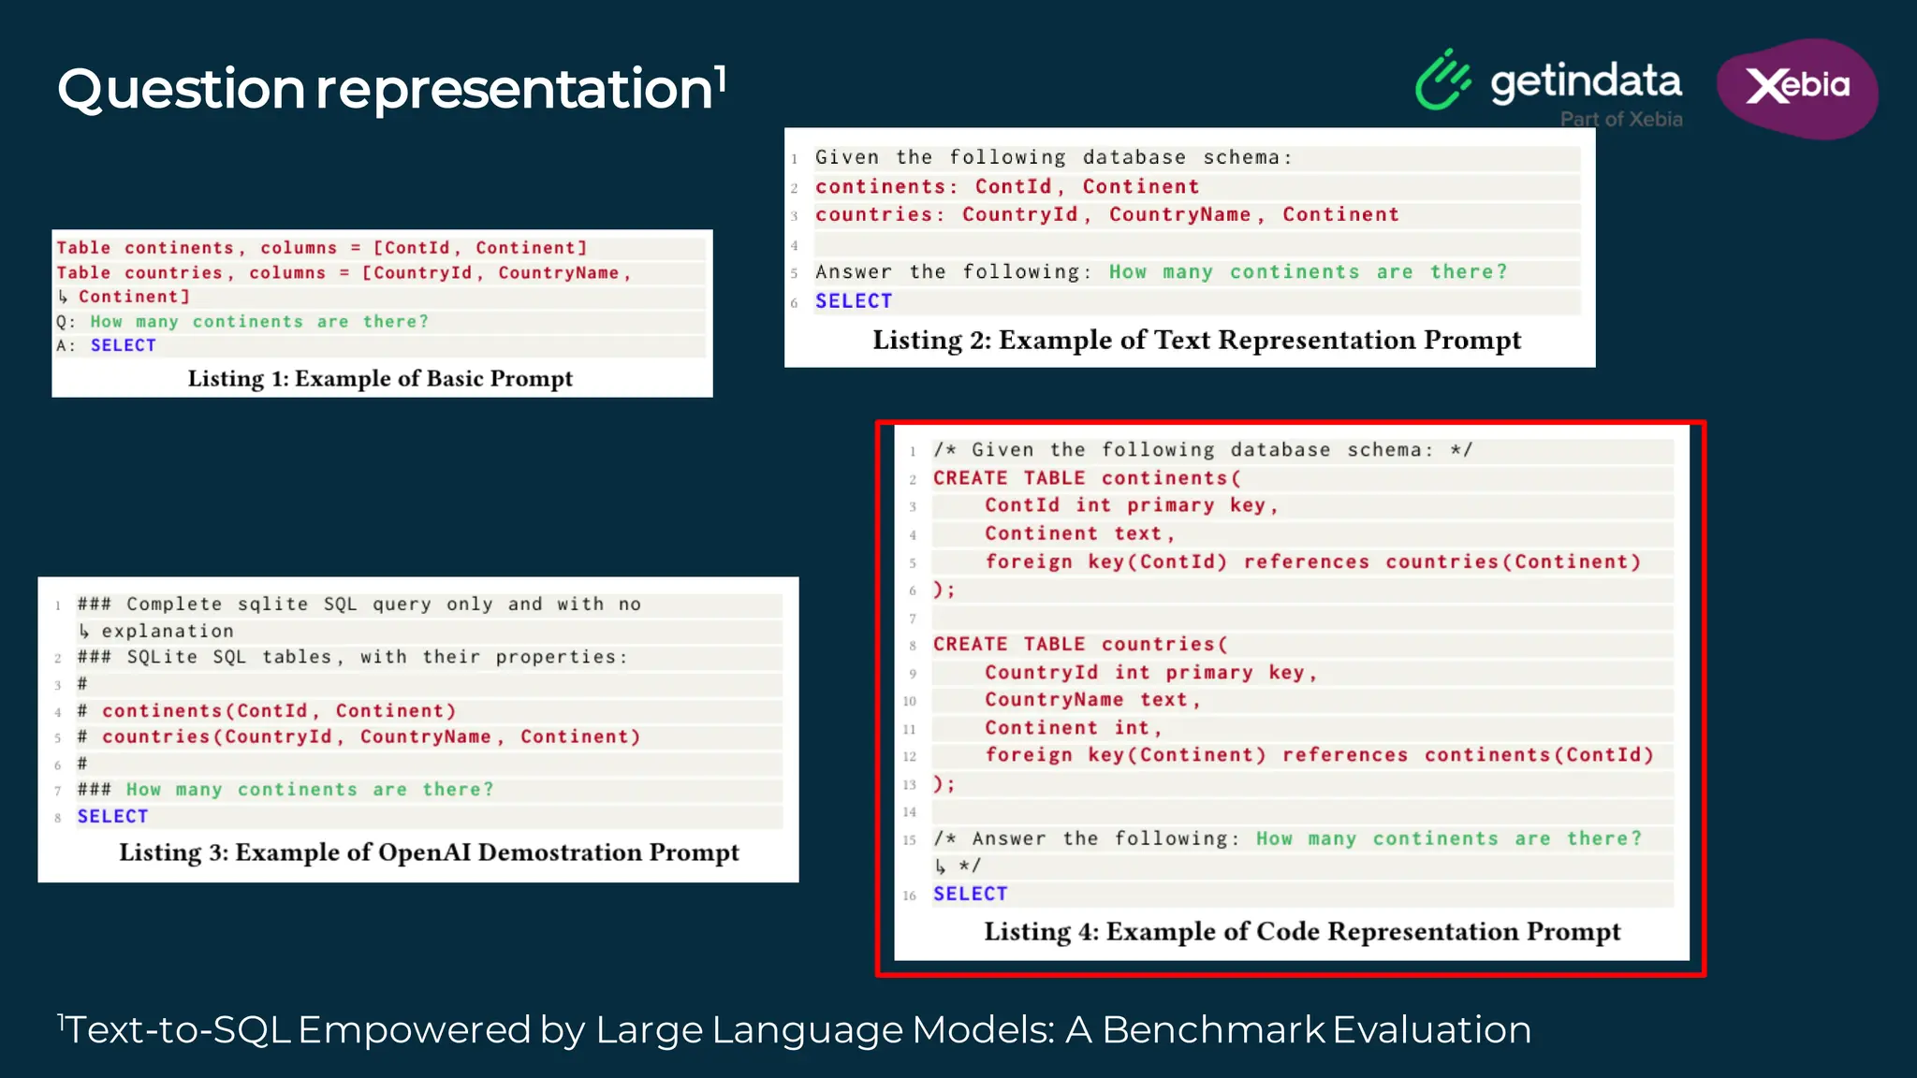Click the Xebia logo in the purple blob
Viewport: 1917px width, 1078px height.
[1797, 86]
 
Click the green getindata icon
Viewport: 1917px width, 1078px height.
[1442, 81]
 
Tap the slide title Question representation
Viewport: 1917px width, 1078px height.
[391, 90]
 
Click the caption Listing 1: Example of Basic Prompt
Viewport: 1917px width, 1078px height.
[380, 379]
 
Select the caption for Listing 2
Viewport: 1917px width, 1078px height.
[1196, 341]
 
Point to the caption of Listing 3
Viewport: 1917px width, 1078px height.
[429, 852]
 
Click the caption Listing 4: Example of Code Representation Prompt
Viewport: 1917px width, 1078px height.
[1301, 932]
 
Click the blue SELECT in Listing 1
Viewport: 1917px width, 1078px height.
[124, 345]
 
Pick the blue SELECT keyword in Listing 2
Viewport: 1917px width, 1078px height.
[854, 301]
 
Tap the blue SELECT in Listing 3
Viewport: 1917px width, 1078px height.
[112, 816]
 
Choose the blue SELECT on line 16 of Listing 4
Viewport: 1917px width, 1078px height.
[970, 894]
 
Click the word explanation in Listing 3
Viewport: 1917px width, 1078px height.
[168, 631]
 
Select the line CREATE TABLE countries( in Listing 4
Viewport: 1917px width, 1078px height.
[1079, 645]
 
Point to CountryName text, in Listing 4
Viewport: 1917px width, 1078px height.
[1091, 700]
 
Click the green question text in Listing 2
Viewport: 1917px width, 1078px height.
[1308, 272]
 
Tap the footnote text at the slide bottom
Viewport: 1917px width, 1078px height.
[796, 1030]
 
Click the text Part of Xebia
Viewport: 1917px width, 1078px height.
[1620, 120]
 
